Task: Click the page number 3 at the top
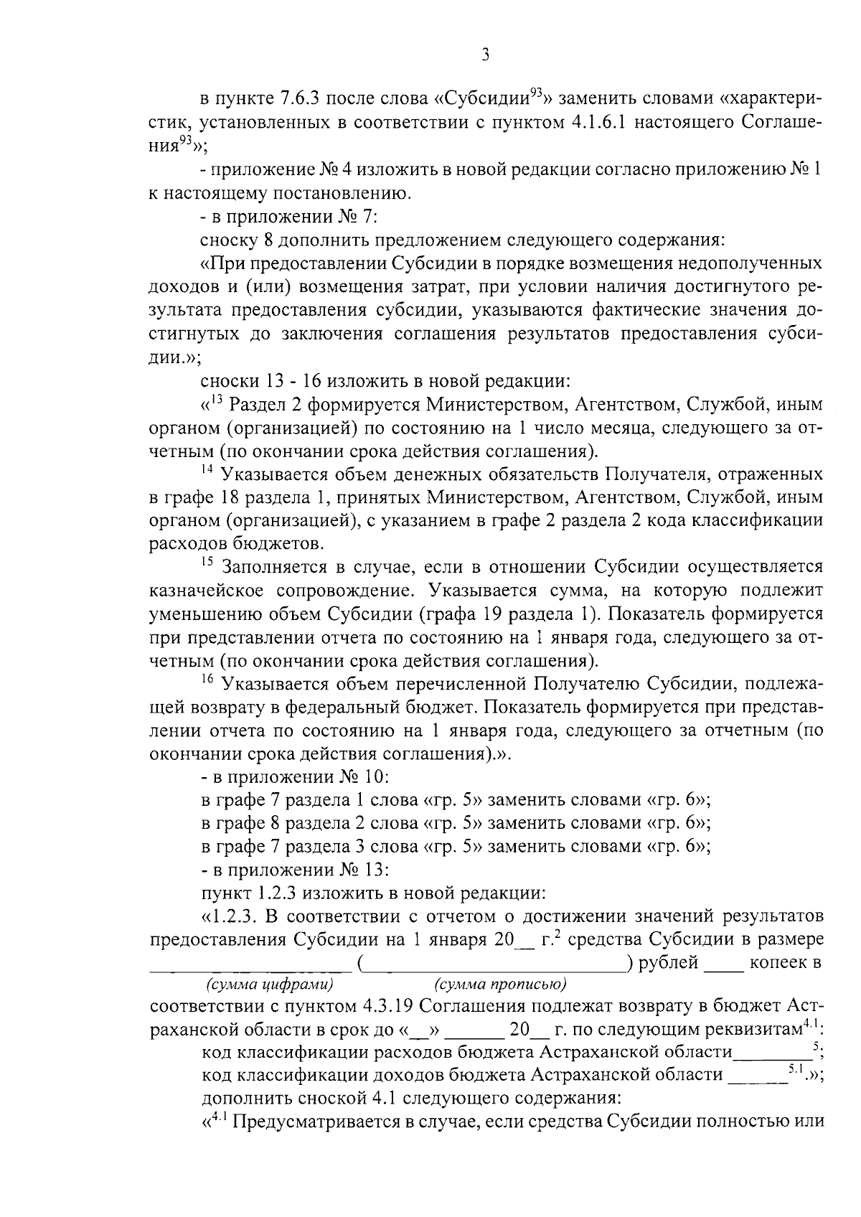[x=486, y=55]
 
